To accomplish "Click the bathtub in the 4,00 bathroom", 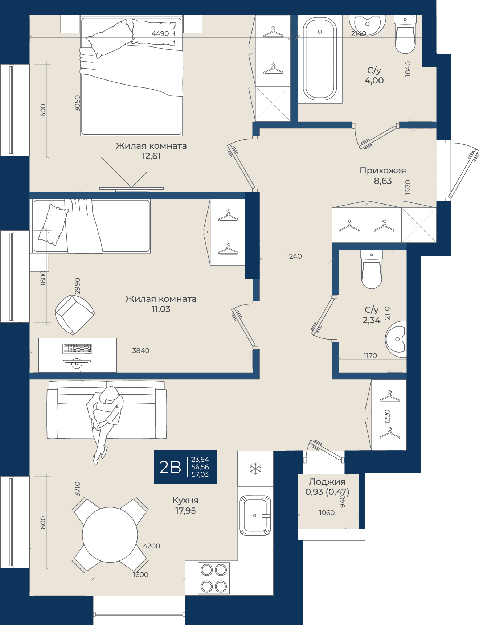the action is [x=320, y=59].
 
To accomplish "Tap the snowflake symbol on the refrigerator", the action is [x=255, y=469].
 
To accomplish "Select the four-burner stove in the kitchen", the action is [x=214, y=578].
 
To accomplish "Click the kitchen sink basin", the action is [x=255, y=515].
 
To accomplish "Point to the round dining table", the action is [x=110, y=535].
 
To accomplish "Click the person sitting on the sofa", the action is [x=105, y=423].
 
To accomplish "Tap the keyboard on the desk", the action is [x=77, y=349].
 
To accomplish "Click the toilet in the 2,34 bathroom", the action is [x=372, y=269].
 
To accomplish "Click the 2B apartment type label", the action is [x=170, y=467].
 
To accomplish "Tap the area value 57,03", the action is [x=200, y=474].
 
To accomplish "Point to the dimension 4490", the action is [x=160, y=33].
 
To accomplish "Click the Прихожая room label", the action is [x=383, y=170].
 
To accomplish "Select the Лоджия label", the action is [x=327, y=482].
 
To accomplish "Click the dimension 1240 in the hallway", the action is [x=294, y=256].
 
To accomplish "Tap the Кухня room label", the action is [x=185, y=500].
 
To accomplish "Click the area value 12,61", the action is [x=151, y=156].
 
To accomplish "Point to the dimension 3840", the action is [x=141, y=350].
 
